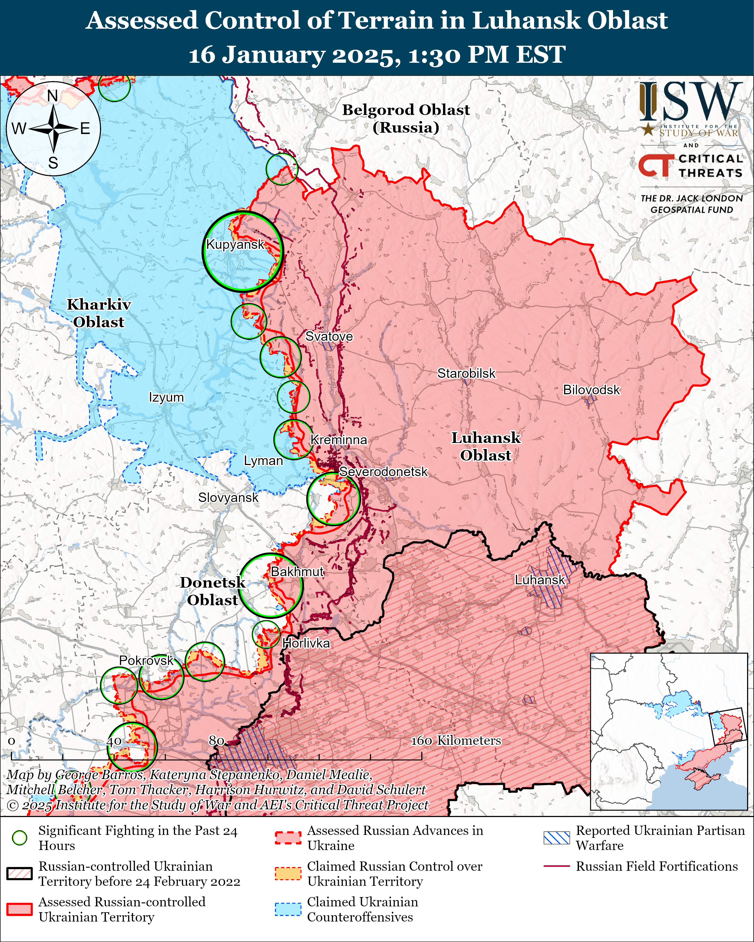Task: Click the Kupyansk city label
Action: coord(235,244)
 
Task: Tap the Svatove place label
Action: coord(329,336)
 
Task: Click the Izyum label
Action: coord(166,397)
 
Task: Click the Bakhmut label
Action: coord(297,571)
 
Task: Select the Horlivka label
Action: coord(306,643)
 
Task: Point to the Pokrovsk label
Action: coord(147,660)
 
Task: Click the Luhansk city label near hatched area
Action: coord(540,580)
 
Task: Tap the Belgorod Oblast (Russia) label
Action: coord(406,118)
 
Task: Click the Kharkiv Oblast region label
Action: coord(99,313)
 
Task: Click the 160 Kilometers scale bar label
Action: coord(456,740)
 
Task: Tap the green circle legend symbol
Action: coord(20,838)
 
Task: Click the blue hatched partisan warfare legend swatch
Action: coord(556,838)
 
